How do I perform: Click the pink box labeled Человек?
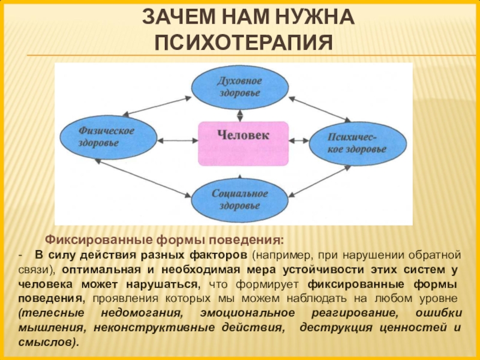(243, 143)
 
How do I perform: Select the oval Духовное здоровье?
(239, 88)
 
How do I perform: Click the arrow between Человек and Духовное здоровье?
(240, 115)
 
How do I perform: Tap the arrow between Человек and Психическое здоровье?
(298, 142)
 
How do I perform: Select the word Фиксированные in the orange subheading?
(85, 240)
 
